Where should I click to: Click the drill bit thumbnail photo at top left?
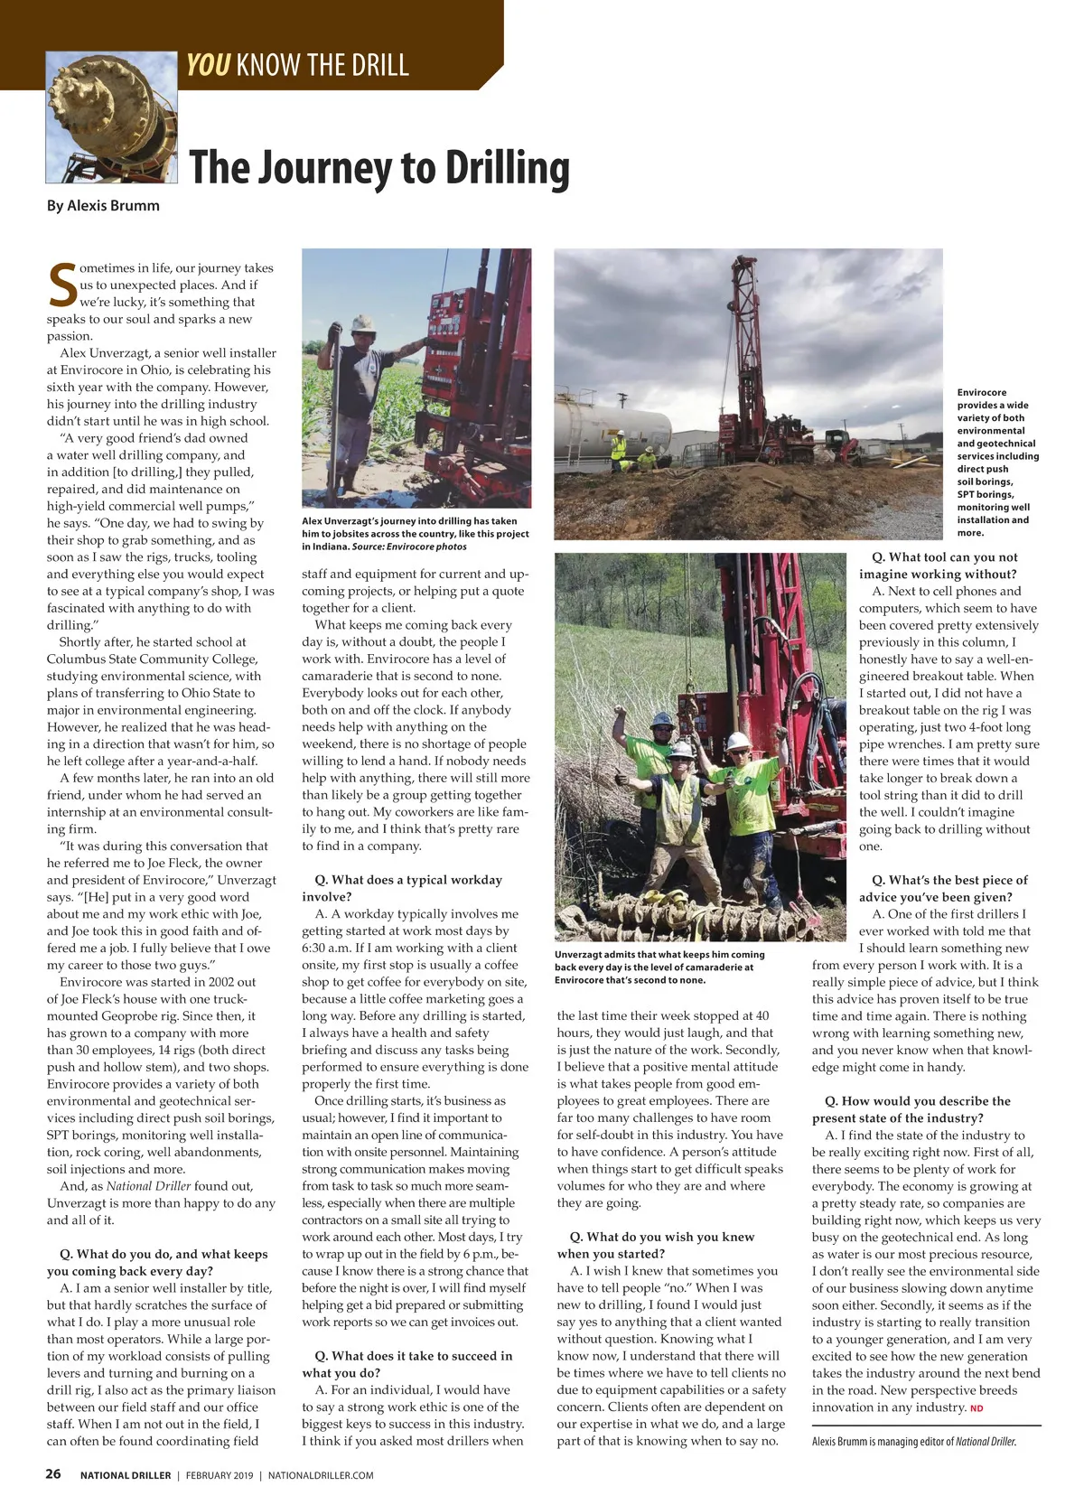point(111,117)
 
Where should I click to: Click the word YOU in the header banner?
point(208,65)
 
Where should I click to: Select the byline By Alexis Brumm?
point(103,206)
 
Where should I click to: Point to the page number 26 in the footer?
point(54,1474)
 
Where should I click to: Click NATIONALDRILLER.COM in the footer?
point(321,1475)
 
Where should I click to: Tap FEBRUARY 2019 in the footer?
point(220,1475)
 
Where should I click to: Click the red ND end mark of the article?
point(977,1408)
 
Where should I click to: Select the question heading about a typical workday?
point(402,888)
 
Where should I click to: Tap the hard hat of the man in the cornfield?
point(364,322)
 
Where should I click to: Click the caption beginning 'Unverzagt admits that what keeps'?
point(659,967)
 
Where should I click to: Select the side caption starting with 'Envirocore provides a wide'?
point(997,463)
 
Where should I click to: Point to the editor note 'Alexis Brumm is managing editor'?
point(914,1442)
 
